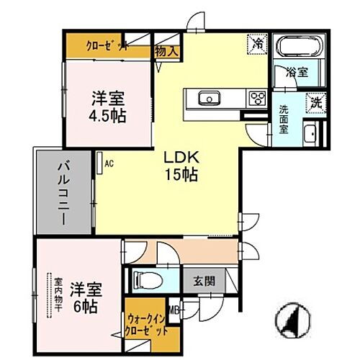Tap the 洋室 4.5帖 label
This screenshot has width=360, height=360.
[x=108, y=107]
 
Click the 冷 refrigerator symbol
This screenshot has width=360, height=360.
[x=256, y=43]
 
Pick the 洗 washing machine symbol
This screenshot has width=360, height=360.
[x=316, y=103]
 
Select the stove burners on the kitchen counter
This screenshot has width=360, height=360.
[x=256, y=98]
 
